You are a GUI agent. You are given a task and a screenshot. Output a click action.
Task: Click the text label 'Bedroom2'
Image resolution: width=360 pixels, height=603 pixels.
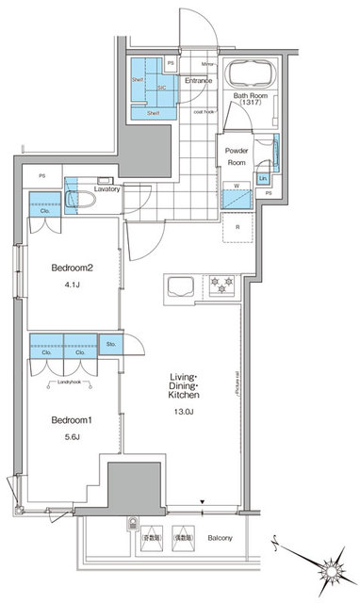71,267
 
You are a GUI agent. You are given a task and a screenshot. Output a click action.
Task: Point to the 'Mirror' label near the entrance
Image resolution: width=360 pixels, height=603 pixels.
208,64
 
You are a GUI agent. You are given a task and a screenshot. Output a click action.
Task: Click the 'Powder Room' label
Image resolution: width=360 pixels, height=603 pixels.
236,155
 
